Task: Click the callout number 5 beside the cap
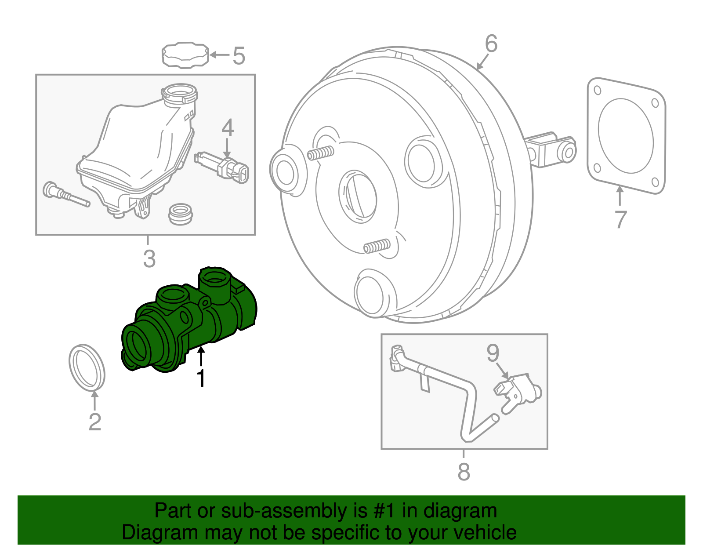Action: point(239,56)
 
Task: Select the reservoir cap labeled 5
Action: point(185,55)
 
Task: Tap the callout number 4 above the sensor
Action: point(228,128)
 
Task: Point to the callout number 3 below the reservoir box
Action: point(149,258)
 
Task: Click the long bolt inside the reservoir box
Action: point(66,195)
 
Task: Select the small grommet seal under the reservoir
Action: point(181,214)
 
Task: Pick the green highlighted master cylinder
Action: point(189,321)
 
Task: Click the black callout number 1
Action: point(201,378)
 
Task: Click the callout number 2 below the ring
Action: point(95,422)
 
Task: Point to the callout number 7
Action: point(620,219)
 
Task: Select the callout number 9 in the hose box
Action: point(493,353)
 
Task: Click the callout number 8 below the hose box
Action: point(464,472)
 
